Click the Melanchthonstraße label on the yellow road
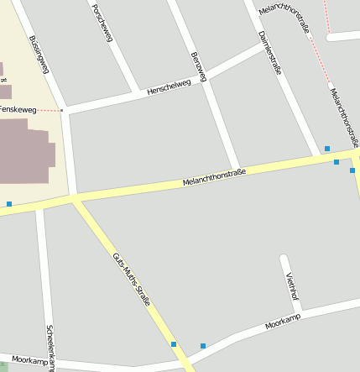(x=214, y=177)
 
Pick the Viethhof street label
(x=292, y=288)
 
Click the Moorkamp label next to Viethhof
(x=282, y=322)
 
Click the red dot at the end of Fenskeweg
(x=62, y=110)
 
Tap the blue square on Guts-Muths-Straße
(x=174, y=344)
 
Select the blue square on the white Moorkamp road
(x=202, y=346)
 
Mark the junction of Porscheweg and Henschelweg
(x=137, y=92)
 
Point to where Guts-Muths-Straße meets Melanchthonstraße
(x=76, y=199)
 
